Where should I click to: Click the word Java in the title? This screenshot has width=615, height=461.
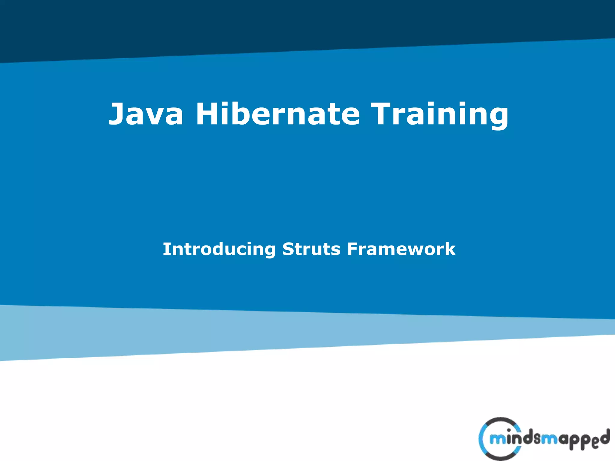[146, 114]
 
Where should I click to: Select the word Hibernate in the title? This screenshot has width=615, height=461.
[277, 114]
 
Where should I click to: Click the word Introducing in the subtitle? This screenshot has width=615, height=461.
[219, 249]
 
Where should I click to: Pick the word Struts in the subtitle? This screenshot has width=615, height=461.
[311, 249]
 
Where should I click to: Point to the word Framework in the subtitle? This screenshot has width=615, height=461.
[401, 249]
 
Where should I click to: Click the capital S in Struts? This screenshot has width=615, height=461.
[289, 249]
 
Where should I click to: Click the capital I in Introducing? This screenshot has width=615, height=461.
[166, 249]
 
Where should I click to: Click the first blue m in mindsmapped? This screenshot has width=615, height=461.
[497, 440]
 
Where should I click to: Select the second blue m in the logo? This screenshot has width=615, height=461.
[550, 440]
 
